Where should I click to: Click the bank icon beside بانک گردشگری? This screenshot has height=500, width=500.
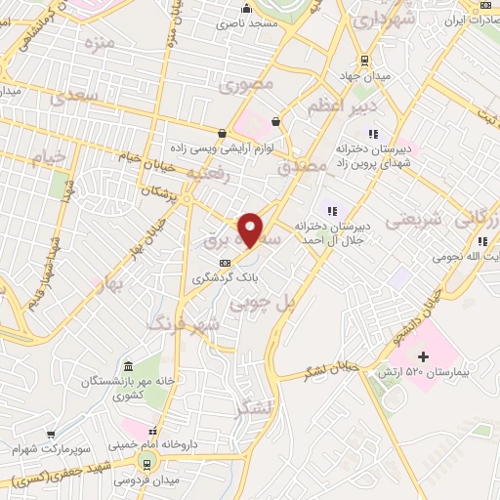(x=226, y=263)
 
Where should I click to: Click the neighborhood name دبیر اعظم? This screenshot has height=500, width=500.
(x=342, y=105)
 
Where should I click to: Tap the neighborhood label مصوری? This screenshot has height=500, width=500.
(x=243, y=85)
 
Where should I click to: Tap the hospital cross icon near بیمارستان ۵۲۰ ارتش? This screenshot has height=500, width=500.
(x=423, y=356)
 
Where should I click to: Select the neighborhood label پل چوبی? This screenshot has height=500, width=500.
(x=261, y=305)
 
